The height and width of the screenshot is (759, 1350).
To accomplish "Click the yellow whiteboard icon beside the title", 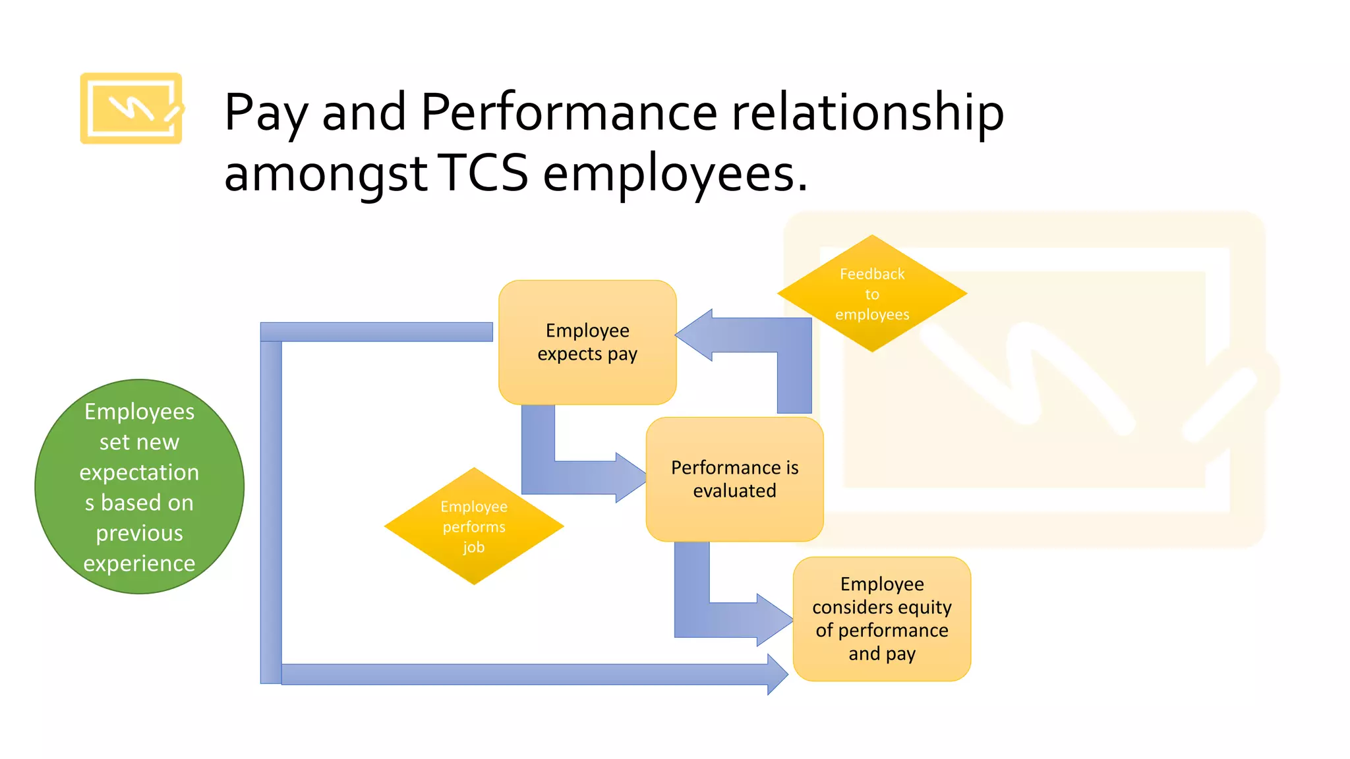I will point(131,108).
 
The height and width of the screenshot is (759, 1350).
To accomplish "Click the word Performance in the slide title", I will point(568,112).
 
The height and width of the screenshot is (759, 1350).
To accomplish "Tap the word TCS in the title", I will point(483,173).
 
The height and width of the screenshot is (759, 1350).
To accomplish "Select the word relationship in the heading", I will point(867,112).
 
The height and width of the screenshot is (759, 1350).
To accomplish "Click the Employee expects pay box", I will point(587,342).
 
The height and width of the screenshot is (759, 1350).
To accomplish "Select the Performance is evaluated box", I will point(734,479).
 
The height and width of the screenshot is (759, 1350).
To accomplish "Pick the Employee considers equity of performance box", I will point(881,619).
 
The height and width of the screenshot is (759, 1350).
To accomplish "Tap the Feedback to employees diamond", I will point(871,294).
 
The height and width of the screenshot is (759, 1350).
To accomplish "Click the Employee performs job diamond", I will point(474,526).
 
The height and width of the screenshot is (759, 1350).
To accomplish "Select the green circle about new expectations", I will point(139,487).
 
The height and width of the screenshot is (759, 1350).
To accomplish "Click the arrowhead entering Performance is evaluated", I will point(631,477).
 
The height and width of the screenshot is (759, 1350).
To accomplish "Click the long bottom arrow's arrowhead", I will point(778,674).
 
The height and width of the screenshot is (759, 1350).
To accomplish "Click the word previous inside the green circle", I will point(139,533).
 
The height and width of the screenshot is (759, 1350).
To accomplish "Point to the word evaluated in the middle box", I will point(734,491).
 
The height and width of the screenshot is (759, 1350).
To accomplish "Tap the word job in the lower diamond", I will point(473,548).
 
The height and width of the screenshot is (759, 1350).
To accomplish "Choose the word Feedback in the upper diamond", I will point(871,274).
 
